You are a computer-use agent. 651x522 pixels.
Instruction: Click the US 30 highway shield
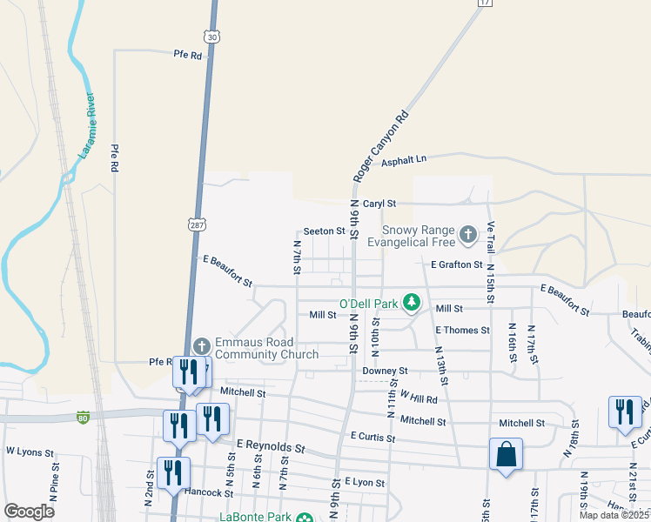point(211,35)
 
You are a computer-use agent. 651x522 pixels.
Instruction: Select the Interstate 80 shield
point(83,417)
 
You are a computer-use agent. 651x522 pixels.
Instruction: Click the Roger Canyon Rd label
point(380,146)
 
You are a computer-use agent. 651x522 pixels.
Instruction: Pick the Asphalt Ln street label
point(408,158)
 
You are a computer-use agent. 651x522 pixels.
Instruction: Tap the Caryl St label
point(379,203)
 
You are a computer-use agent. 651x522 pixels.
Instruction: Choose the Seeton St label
point(324,232)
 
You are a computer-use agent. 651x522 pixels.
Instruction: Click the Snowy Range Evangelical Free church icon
point(468,233)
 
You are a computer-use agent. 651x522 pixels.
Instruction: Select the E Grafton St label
point(456,264)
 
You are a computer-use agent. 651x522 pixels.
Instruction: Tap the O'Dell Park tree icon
point(412,304)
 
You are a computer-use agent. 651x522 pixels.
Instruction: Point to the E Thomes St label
point(462,331)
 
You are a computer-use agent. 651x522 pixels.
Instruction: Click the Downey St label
point(385,371)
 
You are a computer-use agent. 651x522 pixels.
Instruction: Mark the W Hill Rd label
point(418,398)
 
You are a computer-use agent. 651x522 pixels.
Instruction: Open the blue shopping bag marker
point(506,453)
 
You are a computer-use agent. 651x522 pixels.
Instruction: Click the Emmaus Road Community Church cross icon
point(201,345)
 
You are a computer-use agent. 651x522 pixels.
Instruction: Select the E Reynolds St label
point(270,448)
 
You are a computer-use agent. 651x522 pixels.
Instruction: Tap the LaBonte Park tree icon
point(304,519)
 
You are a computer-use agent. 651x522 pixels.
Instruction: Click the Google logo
point(28,511)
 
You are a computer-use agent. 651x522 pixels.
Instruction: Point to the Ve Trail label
point(491,238)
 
